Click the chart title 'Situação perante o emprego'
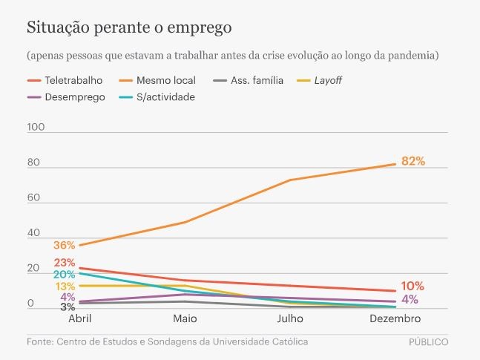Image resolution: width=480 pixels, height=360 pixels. click(130, 28)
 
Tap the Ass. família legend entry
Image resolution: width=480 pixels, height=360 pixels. click(249, 80)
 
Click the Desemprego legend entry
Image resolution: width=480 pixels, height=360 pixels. click(68, 96)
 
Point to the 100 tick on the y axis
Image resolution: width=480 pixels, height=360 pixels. click(36, 127)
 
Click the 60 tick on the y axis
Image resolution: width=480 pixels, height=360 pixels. click(36, 198)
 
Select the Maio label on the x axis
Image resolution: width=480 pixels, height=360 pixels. click(185, 318)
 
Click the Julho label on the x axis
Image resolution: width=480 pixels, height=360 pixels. click(289, 318)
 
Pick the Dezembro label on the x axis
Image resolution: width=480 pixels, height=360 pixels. click(394, 318)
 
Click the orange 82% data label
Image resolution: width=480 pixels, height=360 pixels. click(412, 161)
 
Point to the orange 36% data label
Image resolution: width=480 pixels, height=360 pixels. click(64, 246)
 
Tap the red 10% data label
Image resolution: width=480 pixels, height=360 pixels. click(412, 287)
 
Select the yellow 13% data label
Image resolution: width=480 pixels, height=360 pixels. click(64, 287)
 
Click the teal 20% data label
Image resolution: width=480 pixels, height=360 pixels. click(64, 275)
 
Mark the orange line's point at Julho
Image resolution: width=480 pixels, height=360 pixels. click(289, 180)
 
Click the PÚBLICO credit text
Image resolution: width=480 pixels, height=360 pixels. click(428, 342)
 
